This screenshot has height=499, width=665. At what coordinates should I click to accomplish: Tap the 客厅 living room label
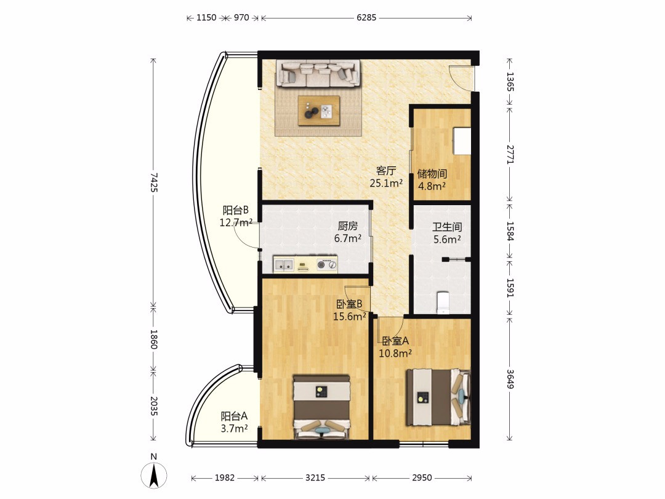pyautogui.click(x=386, y=171)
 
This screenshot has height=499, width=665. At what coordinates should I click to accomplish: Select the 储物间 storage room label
pyautogui.click(x=432, y=174)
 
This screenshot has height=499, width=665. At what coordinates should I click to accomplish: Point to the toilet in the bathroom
pyautogui.click(x=442, y=302)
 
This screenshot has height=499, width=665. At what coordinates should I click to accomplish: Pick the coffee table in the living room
pyautogui.click(x=318, y=111)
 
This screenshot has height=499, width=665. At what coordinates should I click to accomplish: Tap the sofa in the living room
pyautogui.click(x=318, y=73)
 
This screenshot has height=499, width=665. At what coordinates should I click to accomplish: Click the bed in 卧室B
pyautogui.click(x=321, y=407)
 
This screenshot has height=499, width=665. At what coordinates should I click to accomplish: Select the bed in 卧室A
pyautogui.click(x=438, y=397)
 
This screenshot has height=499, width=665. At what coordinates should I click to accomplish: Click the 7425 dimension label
pyautogui.click(x=153, y=183)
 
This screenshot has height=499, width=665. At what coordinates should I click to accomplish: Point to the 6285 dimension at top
pyautogui.click(x=366, y=18)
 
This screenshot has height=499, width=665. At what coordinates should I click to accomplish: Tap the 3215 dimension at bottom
pyautogui.click(x=315, y=478)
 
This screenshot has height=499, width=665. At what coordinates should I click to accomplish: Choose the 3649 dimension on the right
pyautogui.click(x=510, y=379)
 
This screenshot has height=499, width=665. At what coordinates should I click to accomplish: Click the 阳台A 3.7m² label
pyautogui.click(x=234, y=422)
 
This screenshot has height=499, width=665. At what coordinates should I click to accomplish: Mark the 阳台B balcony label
pyautogui.click(x=235, y=210)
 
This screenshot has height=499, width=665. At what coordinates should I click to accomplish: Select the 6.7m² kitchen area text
pyautogui.click(x=348, y=238)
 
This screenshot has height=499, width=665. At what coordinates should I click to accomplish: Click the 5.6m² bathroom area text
pyautogui.click(x=447, y=240)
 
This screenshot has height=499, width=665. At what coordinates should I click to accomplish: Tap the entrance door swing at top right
pyautogui.click(x=461, y=78)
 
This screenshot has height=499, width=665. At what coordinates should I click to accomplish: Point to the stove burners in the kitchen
pyautogui.click(x=326, y=265)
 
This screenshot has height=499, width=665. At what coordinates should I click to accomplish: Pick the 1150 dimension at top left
pyautogui.click(x=206, y=18)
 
